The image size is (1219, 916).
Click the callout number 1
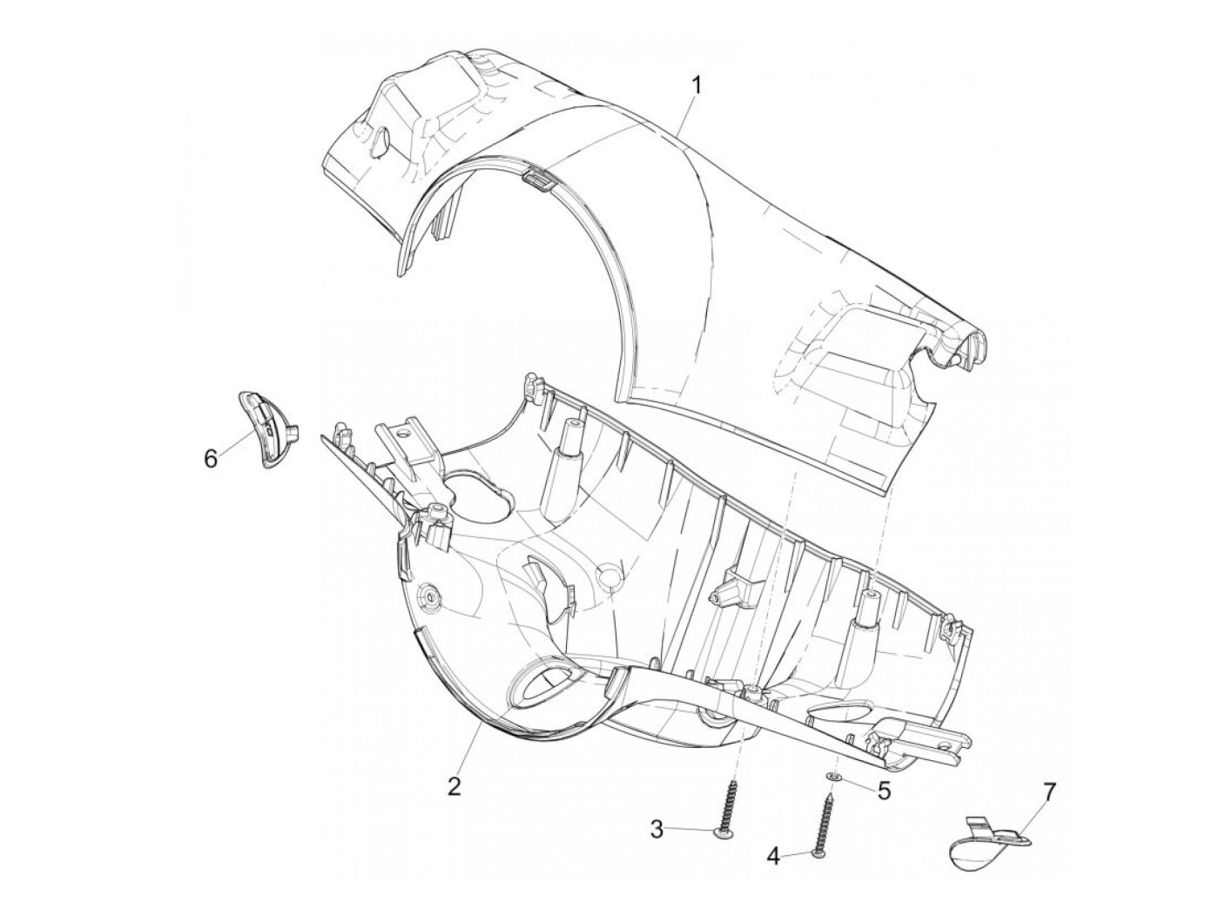click(696, 86)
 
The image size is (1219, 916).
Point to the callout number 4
click(773, 872)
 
